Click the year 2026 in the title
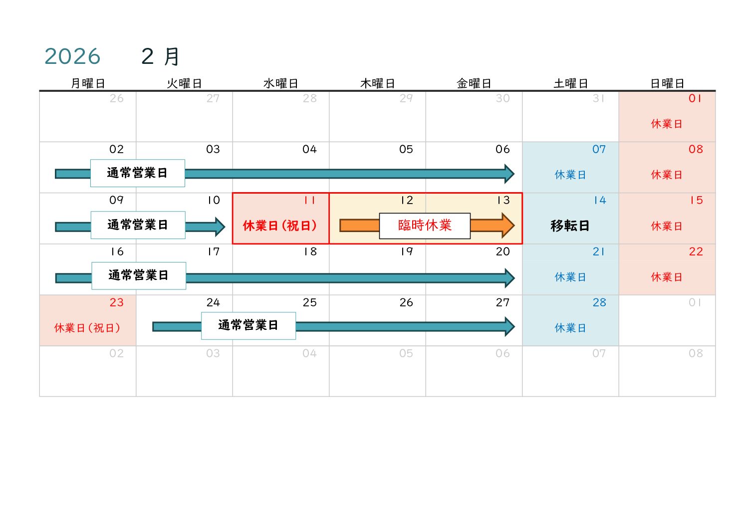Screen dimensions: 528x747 [72, 56]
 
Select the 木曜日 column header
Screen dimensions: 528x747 [377, 83]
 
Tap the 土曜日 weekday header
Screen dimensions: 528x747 [570, 83]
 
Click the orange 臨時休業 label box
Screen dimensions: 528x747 [425, 226]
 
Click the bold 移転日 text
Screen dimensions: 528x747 [570, 226]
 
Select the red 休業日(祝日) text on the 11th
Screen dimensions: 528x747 [280, 226]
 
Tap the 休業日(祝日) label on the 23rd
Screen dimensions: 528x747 [87, 328]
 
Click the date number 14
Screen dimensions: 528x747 [599, 201]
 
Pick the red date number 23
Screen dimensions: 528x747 [116, 302]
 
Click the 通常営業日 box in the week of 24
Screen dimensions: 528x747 [249, 325]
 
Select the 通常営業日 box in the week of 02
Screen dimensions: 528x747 [137, 173]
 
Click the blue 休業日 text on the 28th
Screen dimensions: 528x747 [570, 328]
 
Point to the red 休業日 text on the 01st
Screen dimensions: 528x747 [666, 124]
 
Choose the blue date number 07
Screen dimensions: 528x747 [599, 149]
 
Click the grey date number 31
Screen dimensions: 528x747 [599, 98]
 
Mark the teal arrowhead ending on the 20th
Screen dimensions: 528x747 [509, 278]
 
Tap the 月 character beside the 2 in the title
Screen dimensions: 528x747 [172, 56]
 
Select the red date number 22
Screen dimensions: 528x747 [696, 252]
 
